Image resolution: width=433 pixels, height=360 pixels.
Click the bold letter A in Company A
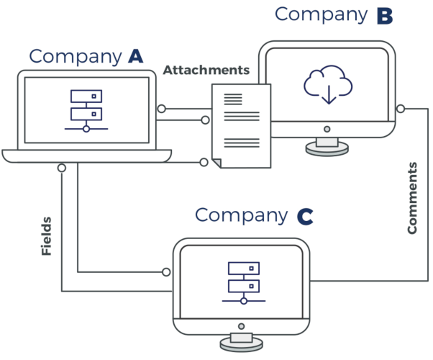pos(135,56)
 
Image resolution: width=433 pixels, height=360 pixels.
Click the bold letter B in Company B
pos(385,15)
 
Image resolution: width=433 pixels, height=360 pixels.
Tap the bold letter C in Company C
pos(304,215)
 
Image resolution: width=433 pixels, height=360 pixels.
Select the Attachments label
pos(206,71)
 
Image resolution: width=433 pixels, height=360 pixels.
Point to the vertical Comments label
pos(412,198)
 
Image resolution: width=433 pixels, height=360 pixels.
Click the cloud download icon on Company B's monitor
pos(328,84)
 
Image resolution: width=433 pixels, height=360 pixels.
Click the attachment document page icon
pos(240,126)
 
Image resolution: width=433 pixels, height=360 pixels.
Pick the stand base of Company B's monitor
pos(327,148)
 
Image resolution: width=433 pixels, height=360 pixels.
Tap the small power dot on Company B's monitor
pos(327,130)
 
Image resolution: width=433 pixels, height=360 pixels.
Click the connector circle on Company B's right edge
pos(400,109)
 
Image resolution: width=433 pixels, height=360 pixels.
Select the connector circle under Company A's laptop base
pos(62,168)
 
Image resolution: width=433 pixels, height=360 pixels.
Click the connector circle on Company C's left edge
pos(167,272)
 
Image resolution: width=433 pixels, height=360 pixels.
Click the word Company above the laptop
pos(75,56)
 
